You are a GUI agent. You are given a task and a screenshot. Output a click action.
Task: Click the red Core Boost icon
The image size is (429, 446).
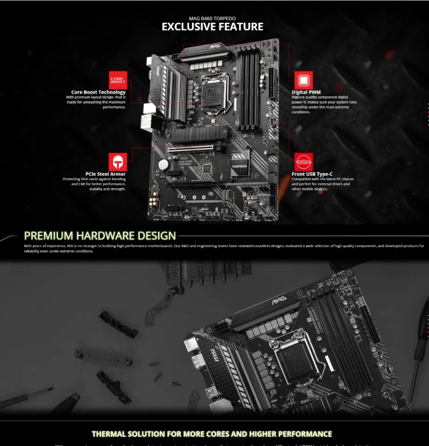118,80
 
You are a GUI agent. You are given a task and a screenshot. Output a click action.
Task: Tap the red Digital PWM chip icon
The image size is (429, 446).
303,80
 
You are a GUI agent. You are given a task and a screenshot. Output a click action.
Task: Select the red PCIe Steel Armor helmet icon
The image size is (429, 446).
118,162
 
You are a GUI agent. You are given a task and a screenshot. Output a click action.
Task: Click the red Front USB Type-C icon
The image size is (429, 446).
303,162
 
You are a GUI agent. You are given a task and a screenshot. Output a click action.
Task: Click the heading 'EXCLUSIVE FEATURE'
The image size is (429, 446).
212,27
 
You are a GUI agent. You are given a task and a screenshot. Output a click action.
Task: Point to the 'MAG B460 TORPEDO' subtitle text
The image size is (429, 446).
212,18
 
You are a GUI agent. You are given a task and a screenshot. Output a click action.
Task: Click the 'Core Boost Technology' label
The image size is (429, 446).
98,92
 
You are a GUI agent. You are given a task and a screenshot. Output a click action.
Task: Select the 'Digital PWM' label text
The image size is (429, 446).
306,92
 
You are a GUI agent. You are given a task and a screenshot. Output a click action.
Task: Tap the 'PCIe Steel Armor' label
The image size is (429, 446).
106,174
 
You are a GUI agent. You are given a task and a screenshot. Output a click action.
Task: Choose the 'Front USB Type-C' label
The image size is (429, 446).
312,174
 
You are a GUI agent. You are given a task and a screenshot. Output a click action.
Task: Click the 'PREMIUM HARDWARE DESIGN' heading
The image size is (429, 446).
100,236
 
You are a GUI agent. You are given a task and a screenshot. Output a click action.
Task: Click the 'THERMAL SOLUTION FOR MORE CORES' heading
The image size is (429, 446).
212,434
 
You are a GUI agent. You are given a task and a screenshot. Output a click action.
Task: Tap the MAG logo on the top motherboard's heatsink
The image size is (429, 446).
214,46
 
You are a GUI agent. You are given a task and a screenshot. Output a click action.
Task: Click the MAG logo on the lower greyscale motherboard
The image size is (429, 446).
279,301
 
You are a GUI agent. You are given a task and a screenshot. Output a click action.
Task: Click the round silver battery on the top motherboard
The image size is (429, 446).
163,164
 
